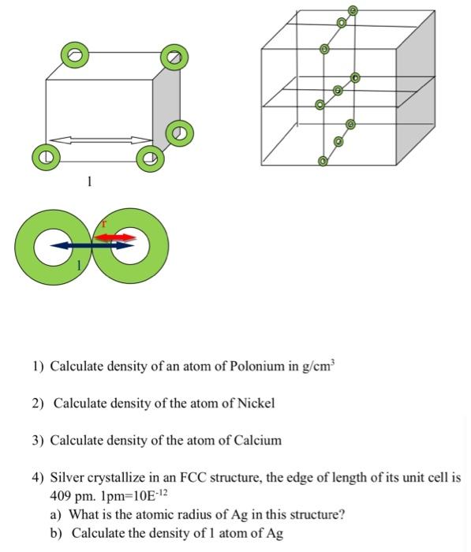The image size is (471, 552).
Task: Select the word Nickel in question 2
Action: click(x=256, y=403)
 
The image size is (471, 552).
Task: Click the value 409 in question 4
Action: click(x=61, y=496)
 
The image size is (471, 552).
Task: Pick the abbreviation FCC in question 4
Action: click(x=193, y=478)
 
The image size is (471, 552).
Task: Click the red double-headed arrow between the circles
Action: click(x=115, y=237)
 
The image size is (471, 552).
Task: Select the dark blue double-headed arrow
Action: click(x=92, y=246)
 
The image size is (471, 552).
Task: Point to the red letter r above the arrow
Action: click(x=104, y=223)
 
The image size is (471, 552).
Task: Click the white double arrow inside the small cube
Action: click(x=102, y=140)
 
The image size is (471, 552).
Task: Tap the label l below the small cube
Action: click(x=89, y=181)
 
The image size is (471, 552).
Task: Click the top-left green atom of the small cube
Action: click(x=75, y=55)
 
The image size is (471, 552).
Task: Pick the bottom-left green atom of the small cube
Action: click(x=46, y=158)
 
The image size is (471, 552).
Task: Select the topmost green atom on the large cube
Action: click(x=353, y=11)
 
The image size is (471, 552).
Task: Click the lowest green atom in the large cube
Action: click(x=323, y=161)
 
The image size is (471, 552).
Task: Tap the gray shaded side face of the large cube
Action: click(x=416, y=88)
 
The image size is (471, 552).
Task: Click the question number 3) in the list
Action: click(x=38, y=441)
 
